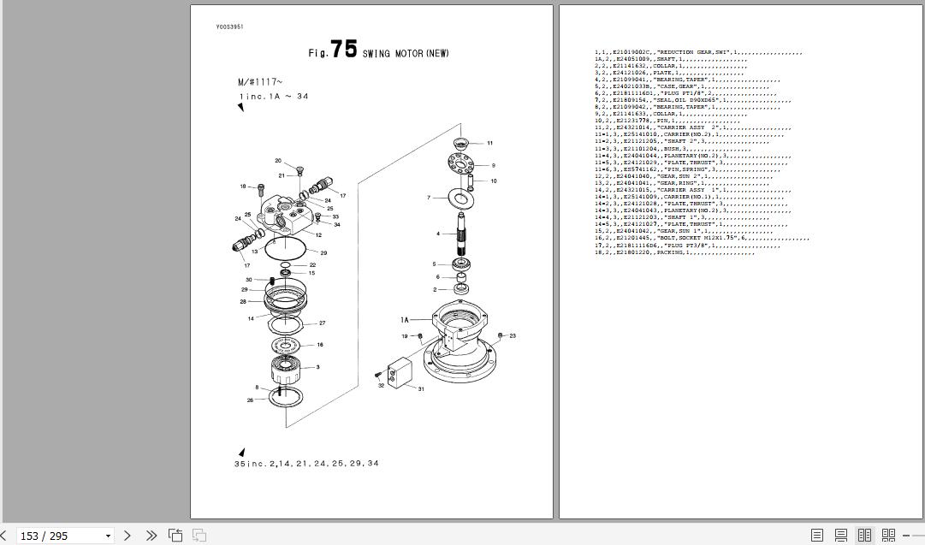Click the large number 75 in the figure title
pos(344,50)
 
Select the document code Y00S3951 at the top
pos(229,27)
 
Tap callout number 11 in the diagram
pos(489,144)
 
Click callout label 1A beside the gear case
pos(405,320)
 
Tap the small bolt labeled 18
pos(260,187)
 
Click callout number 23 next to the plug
pos(512,336)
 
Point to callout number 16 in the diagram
pos(319,345)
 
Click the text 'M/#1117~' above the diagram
pos(260,82)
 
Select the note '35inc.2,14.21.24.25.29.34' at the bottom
pos(306,464)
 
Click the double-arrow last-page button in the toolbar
pos(151,536)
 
